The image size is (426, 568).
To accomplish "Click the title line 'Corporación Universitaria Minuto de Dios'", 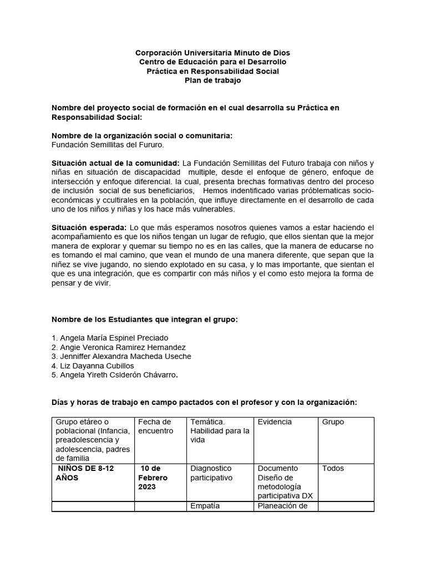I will pyautogui.click(x=212, y=53).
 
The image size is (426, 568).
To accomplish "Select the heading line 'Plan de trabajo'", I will pyautogui.click(x=212, y=81).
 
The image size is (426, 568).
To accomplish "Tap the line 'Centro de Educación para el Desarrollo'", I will pyautogui.click(x=212, y=62).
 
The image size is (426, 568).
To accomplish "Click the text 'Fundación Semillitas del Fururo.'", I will pyautogui.click(x=108, y=145).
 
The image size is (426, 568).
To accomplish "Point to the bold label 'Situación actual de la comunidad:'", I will pyautogui.click(x=115, y=163).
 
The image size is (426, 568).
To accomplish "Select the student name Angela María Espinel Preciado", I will pyautogui.click(x=109, y=338).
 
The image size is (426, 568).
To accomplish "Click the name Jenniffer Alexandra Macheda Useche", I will pyautogui.click(x=121, y=356).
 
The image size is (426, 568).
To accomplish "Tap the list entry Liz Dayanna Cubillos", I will pyautogui.click(x=93, y=366).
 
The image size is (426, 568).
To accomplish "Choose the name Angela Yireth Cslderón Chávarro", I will pyautogui.click(x=115, y=375).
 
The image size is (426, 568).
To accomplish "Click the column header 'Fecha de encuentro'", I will pyautogui.click(x=155, y=426).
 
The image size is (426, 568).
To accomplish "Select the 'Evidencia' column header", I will pyautogui.click(x=275, y=422).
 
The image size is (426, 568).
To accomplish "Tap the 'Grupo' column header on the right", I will pyautogui.click(x=333, y=422).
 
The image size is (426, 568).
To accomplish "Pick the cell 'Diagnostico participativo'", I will pyautogui.click(x=211, y=473).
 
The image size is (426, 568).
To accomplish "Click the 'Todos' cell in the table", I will pyautogui.click(x=333, y=469).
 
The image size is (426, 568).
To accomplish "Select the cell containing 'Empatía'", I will pyautogui.click(x=205, y=506).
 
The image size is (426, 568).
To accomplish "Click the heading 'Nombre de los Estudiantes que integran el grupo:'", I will pyautogui.click(x=144, y=319).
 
